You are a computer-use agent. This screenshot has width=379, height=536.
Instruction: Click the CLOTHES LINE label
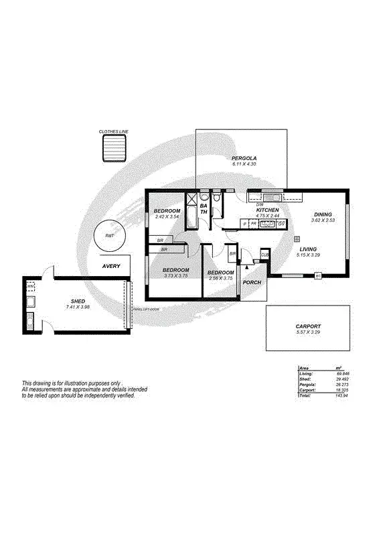(113, 132)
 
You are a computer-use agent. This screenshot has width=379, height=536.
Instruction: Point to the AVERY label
(111, 266)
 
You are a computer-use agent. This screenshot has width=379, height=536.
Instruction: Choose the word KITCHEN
(268, 210)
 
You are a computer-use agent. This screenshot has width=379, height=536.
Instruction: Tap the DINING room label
(324, 214)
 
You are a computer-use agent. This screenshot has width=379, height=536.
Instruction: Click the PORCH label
(252, 282)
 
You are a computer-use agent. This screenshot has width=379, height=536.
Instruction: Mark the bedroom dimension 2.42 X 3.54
(167, 216)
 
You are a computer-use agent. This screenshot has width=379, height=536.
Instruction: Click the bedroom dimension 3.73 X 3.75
(175, 275)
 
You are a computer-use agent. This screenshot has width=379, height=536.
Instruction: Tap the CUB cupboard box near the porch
(264, 255)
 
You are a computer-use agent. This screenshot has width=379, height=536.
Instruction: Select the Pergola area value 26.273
(342, 385)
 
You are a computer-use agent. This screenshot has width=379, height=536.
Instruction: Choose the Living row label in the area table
(305, 374)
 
